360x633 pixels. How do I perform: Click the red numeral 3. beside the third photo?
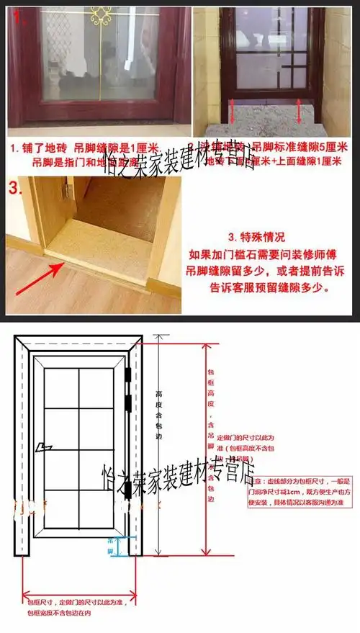point(17,189)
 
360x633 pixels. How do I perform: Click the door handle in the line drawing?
point(48,447)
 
